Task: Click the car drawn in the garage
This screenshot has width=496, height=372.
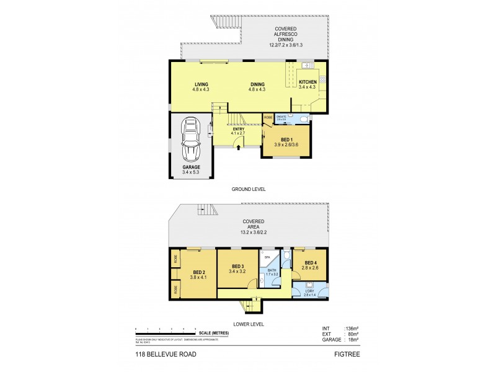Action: [x=191, y=140]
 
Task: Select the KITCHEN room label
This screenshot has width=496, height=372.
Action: [x=308, y=82]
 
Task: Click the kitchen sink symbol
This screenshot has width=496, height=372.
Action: [x=306, y=65]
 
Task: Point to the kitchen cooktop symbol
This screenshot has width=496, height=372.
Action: [x=322, y=79]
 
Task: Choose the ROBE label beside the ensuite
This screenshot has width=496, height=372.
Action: [x=268, y=117]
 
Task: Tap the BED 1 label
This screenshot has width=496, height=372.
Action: [x=286, y=139]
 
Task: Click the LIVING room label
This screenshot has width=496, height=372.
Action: [x=201, y=84]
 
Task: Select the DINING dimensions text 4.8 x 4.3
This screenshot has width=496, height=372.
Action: [x=257, y=90]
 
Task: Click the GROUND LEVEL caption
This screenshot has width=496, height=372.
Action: [x=248, y=188]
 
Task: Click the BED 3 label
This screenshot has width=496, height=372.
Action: [x=237, y=265]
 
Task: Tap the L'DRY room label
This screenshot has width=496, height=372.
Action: [x=311, y=291]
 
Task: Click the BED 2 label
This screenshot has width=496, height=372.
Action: [x=199, y=272]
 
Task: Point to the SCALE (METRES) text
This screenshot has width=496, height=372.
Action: [x=214, y=334]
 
